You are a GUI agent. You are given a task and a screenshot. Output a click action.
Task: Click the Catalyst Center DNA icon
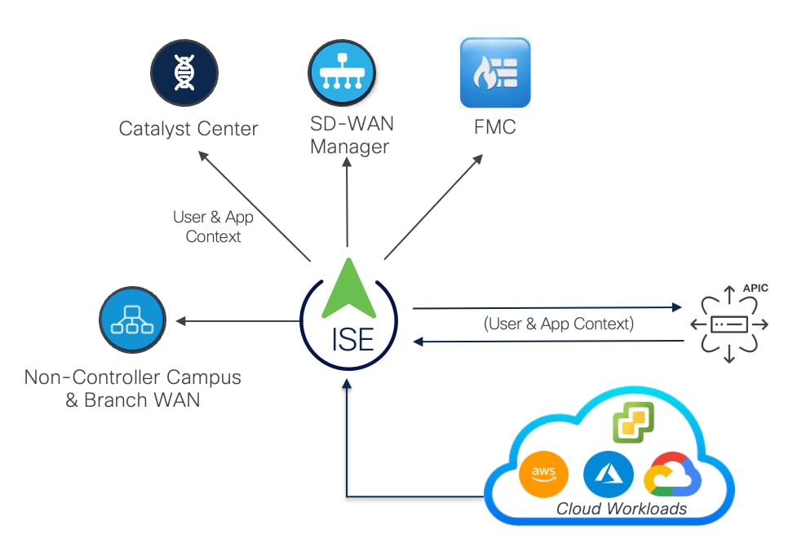click(184, 73)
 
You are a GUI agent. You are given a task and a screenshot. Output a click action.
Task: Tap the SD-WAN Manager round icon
click(343, 73)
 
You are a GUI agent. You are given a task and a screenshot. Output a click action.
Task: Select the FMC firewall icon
click(494, 73)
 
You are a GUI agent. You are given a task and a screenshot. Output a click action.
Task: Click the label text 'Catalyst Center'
click(188, 129)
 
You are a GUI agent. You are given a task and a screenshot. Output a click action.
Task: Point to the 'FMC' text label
click(494, 128)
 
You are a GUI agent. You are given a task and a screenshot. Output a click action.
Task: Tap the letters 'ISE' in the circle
click(353, 337)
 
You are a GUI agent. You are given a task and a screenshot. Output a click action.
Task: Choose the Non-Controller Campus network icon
click(132, 320)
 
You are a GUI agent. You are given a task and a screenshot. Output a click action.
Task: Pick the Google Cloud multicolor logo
click(672, 474)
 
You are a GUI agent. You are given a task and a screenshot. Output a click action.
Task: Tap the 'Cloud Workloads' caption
click(621, 509)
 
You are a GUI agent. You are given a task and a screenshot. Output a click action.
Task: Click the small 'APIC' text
click(755, 289)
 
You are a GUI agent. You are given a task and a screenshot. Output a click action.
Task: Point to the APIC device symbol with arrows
click(729, 324)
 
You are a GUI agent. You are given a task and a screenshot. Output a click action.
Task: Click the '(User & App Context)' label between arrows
click(559, 324)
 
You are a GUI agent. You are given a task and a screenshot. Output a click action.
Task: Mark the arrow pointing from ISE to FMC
click(433, 207)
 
